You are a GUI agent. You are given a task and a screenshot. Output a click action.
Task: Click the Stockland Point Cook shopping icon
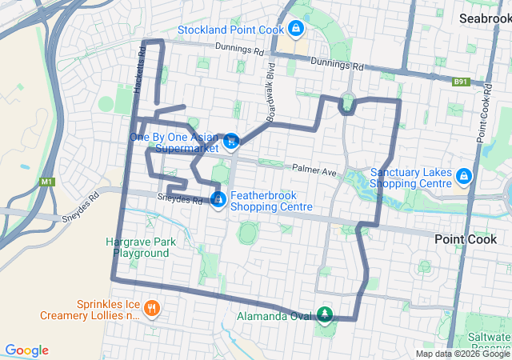point(296,30)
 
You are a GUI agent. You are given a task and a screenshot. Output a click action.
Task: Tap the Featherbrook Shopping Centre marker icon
point(218,198)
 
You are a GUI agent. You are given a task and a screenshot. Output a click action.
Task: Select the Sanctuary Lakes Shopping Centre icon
point(463,175)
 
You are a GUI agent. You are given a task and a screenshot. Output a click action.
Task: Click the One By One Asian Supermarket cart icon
point(230,142)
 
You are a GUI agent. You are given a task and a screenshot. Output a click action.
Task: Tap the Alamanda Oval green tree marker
point(324,314)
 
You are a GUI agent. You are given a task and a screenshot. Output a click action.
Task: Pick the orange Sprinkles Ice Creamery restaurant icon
point(152,308)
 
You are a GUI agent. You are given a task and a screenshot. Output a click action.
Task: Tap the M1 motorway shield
point(48,182)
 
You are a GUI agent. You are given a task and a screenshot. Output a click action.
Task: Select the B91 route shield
point(459,81)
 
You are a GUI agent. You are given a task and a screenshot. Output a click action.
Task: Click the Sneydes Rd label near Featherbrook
point(179,199)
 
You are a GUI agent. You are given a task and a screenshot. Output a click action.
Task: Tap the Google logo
point(26,350)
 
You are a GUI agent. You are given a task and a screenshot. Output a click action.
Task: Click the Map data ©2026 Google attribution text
point(462,354)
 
